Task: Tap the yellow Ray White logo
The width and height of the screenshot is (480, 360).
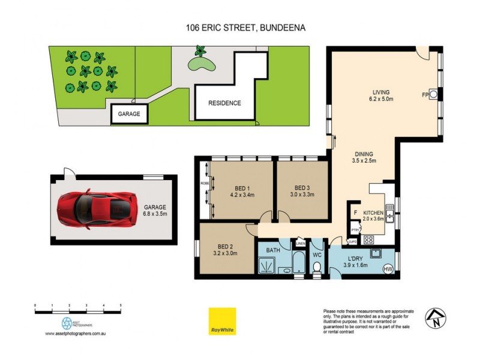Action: tap(222, 321)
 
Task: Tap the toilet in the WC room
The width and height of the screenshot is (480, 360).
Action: tap(317, 266)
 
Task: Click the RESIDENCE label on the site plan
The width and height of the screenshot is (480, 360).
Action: tap(224, 103)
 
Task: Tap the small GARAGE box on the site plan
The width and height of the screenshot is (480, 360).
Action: tap(128, 114)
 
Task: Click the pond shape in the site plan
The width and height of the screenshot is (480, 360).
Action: tap(199, 62)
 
